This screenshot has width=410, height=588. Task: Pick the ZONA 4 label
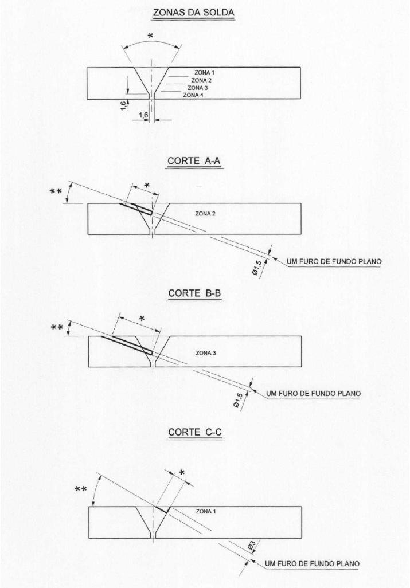click(x=193, y=95)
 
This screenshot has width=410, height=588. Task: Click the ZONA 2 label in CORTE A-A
click(x=205, y=213)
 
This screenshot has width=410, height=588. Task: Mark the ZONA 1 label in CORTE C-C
click(x=206, y=510)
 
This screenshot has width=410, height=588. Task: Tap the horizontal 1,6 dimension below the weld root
click(x=143, y=116)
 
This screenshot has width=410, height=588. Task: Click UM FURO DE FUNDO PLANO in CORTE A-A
click(x=334, y=262)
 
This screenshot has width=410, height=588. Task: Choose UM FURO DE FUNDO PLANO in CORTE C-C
click(x=314, y=564)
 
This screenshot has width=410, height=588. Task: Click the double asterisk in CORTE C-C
click(x=82, y=489)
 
